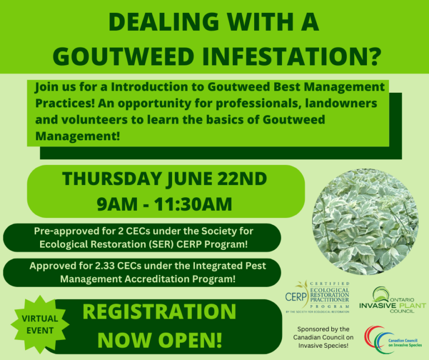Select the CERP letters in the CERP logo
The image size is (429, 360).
295,296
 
